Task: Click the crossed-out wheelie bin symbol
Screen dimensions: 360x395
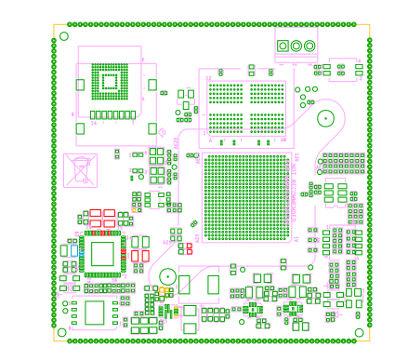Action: coord(81,169)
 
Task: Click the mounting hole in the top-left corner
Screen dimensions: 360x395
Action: coord(63,36)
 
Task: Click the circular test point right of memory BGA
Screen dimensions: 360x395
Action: coord(325,117)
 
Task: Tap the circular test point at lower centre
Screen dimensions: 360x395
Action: coord(166,276)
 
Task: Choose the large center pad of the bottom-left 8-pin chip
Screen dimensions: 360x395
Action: coord(95,313)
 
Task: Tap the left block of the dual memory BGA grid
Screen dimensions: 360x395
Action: coord(224,106)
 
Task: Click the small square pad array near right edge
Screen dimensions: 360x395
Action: coord(343,163)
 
